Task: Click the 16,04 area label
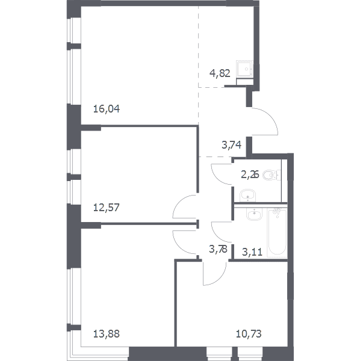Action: (x=107, y=109)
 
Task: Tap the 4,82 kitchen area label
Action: (x=220, y=73)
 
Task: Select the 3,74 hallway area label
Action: (x=232, y=145)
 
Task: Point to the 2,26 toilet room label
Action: (x=250, y=175)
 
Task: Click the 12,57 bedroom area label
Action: (x=107, y=208)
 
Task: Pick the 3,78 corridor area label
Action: (x=218, y=249)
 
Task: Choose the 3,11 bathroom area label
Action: (x=252, y=252)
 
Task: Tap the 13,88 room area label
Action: (x=107, y=333)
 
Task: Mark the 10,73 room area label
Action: (x=249, y=333)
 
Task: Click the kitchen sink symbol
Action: (x=244, y=69)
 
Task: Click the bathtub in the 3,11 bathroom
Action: (x=278, y=233)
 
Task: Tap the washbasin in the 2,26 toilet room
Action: (x=248, y=196)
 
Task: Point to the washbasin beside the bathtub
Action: (x=254, y=214)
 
